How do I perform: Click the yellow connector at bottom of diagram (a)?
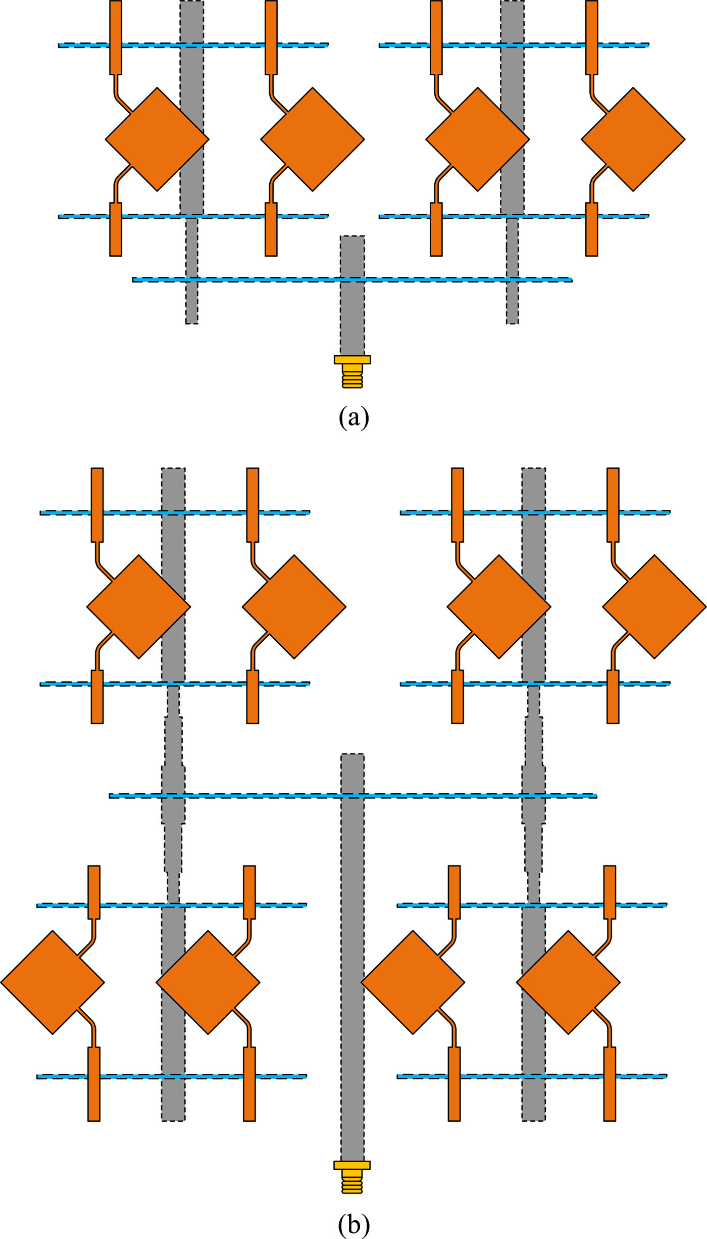click(352, 371)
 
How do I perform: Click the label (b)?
click(353, 1225)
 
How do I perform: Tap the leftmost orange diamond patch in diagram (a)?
click(157, 139)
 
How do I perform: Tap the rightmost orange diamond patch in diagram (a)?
click(633, 139)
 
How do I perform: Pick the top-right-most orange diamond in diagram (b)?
click(654, 606)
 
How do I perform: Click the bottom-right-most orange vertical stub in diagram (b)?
click(610, 1102)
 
